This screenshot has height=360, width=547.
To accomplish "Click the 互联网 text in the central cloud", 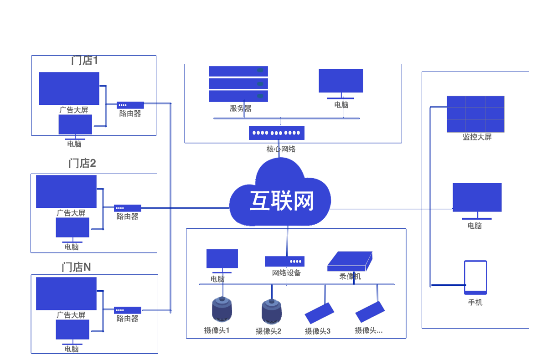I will pos(282,201).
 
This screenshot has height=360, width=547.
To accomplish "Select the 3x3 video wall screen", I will pos(475,114).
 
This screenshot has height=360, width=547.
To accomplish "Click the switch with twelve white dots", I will pos(277,133).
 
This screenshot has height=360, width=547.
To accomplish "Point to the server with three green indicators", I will pos(238,84).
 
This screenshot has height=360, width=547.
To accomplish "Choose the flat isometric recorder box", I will pos(350,262).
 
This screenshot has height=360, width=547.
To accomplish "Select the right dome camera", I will pos(272,311).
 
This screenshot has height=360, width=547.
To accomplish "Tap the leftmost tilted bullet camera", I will pos(320,313).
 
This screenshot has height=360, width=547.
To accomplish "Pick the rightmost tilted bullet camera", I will pos(370,312).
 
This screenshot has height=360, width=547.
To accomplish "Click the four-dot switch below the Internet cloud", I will pos(284,261).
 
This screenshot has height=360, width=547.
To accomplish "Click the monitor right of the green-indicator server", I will pos(341,83).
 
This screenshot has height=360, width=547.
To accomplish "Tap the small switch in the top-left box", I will pos(130,105).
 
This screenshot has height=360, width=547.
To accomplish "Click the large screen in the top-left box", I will pos(69,88).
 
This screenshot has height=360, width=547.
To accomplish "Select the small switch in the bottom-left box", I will pos(128,310).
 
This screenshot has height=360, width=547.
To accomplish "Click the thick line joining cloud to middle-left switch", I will pos(182,208).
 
